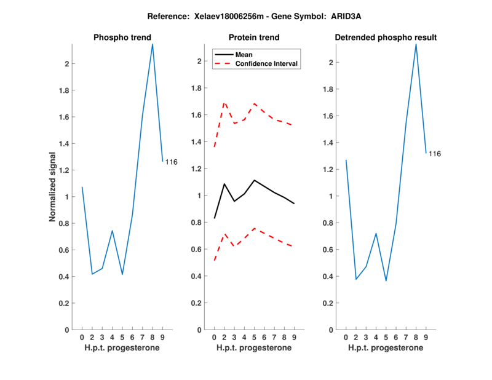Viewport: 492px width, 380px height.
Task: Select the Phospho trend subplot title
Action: (x=122, y=38)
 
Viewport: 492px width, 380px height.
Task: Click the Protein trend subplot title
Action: (x=253, y=38)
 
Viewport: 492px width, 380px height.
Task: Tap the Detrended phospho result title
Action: (x=386, y=38)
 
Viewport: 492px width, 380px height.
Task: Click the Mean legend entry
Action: (x=244, y=55)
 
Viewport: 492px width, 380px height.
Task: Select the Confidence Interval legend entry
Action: (x=267, y=63)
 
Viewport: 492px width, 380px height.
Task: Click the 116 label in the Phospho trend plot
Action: (x=171, y=162)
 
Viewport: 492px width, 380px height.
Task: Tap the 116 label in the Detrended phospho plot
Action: (x=435, y=154)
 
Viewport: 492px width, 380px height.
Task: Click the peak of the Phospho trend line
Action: (x=153, y=44)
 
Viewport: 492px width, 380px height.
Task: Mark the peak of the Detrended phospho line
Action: (x=416, y=44)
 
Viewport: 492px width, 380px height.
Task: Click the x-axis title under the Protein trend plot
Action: (x=253, y=348)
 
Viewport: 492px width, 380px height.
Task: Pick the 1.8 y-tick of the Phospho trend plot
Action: (x=62, y=90)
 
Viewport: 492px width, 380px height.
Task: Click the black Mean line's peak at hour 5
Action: (x=254, y=180)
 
